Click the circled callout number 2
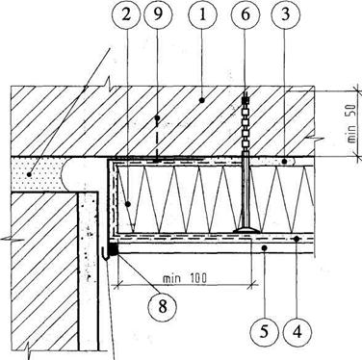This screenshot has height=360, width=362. pos(126,14)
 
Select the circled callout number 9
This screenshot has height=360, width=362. pos(158,14)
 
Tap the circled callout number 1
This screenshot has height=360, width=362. pos(202,14)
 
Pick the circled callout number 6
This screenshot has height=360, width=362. pos(246,14)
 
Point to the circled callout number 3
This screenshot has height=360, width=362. pos(285,14)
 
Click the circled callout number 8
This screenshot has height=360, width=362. pos(163,306)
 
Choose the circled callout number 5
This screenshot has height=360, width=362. pos(264,331)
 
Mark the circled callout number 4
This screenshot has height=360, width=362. pos(297,331)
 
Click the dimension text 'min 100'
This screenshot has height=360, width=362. pos(185,277)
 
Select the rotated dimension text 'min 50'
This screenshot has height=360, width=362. pos(351,123)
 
